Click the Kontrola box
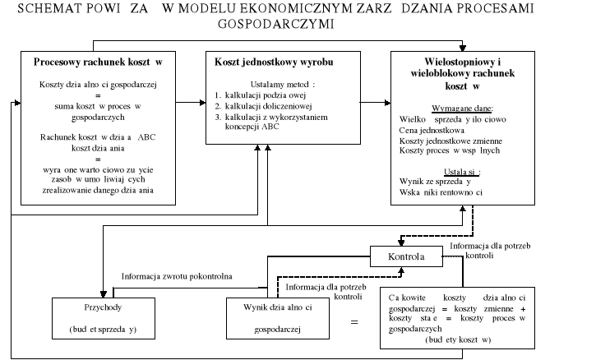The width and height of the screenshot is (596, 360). tap(408, 256)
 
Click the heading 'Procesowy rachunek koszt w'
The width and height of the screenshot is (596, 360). tap(97, 62)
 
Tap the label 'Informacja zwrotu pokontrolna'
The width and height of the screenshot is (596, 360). tap(177, 276)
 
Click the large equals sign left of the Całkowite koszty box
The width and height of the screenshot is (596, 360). tap(355, 322)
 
